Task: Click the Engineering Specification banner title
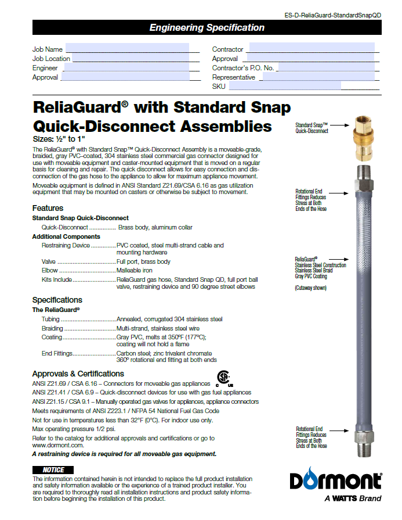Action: pyautogui.click(x=207, y=27)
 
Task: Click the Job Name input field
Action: pyautogui.click(x=127, y=48)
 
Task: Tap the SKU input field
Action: pyautogui.click(x=285, y=86)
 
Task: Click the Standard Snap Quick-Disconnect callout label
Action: pyautogui.click(x=312, y=128)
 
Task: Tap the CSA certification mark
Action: pyautogui.click(x=224, y=378)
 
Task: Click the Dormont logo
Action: pyautogui.click(x=336, y=481)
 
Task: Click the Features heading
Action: pyautogui.click(x=48, y=208)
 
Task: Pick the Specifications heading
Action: pyautogui.click(x=57, y=300)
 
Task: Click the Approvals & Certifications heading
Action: pyautogui.click(x=78, y=374)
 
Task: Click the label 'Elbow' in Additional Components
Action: pyautogui.click(x=50, y=271)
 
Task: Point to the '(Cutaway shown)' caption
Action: pyautogui.click(x=310, y=288)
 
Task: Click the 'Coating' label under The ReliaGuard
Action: pyautogui.click(x=52, y=337)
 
